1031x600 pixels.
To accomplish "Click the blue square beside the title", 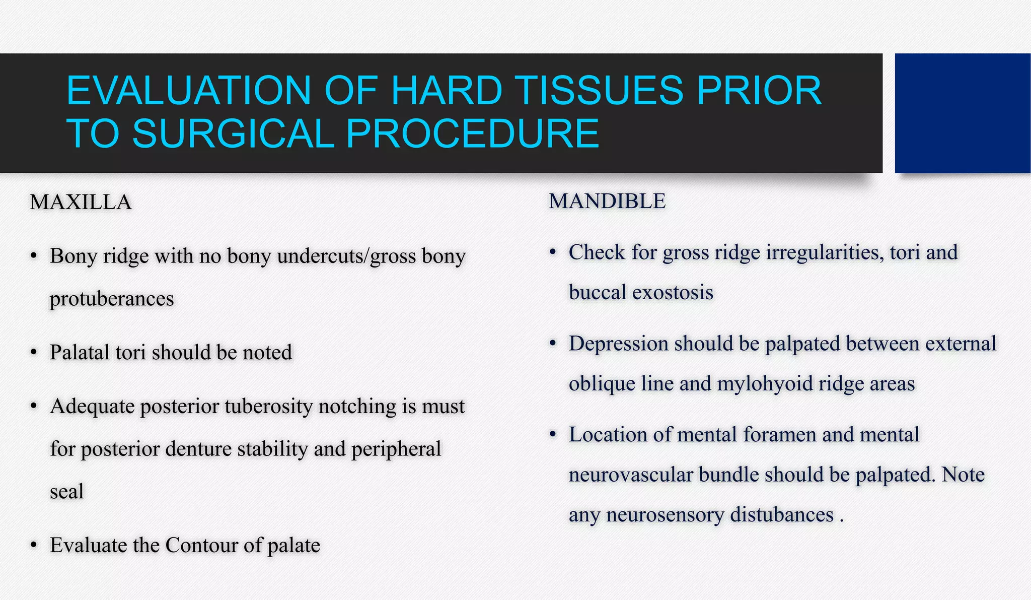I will tap(963, 113).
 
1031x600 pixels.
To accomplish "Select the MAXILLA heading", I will tap(81, 203).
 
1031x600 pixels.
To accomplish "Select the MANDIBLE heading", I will tap(607, 202).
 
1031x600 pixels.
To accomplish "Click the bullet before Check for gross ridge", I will tap(553, 252).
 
